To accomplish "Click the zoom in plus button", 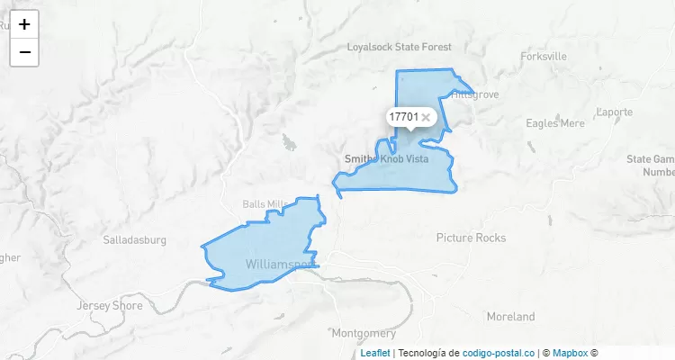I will (x=24, y=24).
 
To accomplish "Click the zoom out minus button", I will (x=24, y=52).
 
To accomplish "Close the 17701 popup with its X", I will (x=427, y=117).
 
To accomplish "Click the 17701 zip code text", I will (x=403, y=117).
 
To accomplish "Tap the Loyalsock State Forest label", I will (x=400, y=46).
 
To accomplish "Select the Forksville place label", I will (x=544, y=56).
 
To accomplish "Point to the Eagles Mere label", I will (x=554, y=123).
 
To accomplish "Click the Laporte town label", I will (x=615, y=112).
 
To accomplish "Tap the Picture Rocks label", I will (x=471, y=238).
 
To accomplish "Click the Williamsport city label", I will (x=280, y=264).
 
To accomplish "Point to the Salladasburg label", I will (x=135, y=240).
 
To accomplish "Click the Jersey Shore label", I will (x=111, y=305).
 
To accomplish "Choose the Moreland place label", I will (x=510, y=317).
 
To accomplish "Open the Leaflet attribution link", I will (x=375, y=354).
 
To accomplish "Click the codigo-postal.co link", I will (x=498, y=354).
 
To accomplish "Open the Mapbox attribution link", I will (x=570, y=354).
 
